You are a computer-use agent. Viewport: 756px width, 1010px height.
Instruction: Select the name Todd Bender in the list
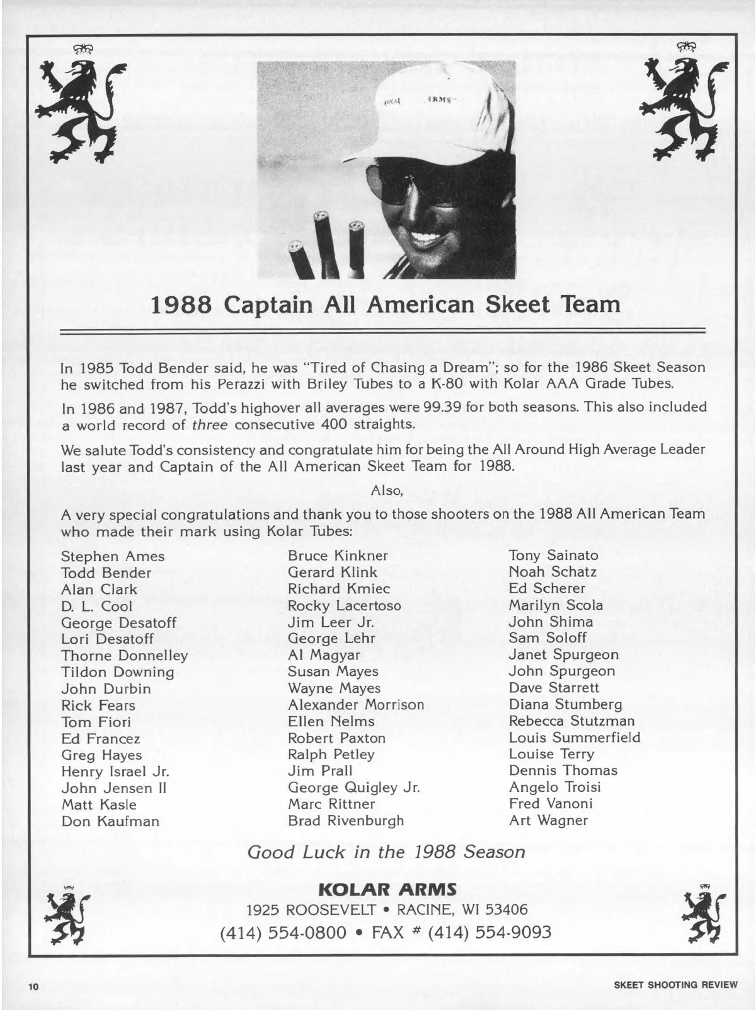pos(106,573)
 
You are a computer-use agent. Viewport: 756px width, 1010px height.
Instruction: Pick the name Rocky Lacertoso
pos(344,606)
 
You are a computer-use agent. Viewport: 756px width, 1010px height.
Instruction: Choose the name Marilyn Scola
pos(556,605)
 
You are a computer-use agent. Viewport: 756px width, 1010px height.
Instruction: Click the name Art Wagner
pos(548,821)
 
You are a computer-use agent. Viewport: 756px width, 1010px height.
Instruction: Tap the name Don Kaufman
pos(110,821)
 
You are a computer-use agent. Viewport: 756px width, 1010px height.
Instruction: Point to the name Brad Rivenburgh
pos(345,821)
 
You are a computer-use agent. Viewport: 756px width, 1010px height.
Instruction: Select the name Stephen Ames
pos(113,557)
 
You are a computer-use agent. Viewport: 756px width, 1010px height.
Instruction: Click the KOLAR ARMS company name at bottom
pos(387,890)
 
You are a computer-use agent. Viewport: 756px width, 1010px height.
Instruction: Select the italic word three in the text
pos(209,424)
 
